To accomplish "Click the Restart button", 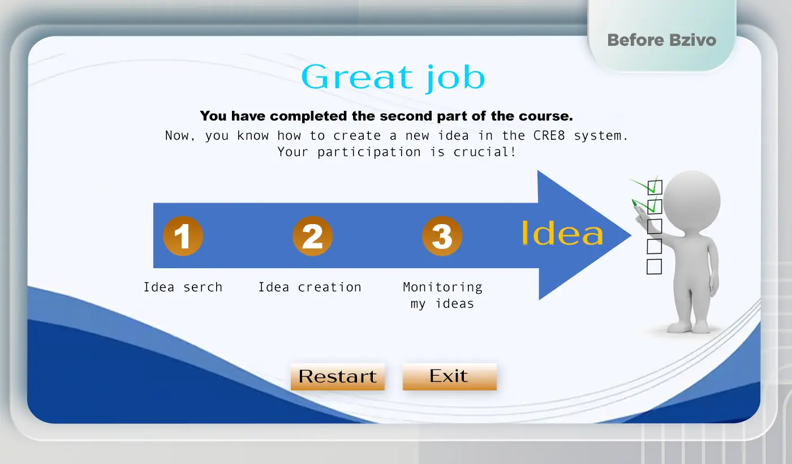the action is point(338,377).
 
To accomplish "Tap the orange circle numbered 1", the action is point(183,236).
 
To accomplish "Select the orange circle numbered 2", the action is point(312,236).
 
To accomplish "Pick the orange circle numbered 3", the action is point(442,236).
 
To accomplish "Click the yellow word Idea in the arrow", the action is point(562,233).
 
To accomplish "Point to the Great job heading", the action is point(393,78).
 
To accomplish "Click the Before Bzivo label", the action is point(662,40).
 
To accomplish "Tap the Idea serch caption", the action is point(183,287).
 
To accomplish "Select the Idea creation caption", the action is point(310,287).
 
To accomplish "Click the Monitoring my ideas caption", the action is point(442,295).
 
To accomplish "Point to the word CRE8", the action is point(549,135).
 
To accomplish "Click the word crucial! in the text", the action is point(485,152).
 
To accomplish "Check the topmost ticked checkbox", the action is point(655,187).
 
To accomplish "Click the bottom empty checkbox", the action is point(654,267).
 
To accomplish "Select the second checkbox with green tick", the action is point(655,207).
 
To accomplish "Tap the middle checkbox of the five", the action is point(655,226).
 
